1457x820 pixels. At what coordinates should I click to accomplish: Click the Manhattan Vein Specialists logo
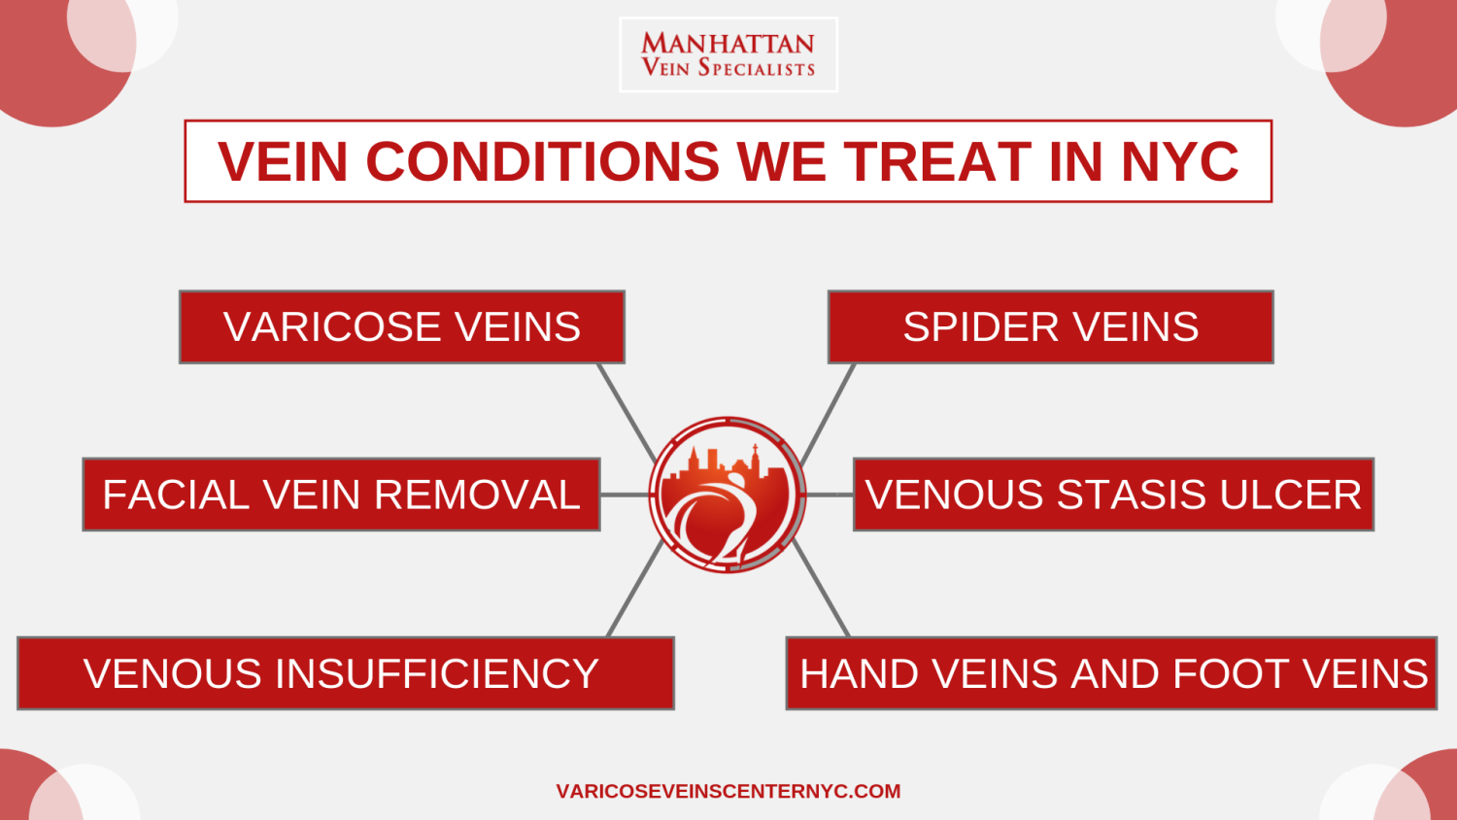pyautogui.click(x=728, y=54)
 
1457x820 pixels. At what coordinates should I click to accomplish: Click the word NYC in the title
pyautogui.click(x=1179, y=161)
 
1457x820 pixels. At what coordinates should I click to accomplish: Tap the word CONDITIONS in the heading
pyautogui.click(x=542, y=161)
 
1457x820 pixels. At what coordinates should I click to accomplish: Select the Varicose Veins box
pyautogui.click(x=402, y=326)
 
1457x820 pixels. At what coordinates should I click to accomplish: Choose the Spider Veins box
pyautogui.click(x=1050, y=326)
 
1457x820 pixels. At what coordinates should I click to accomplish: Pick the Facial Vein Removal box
pyautogui.click(x=342, y=495)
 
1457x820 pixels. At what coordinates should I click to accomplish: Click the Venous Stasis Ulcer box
pyautogui.click(x=1113, y=495)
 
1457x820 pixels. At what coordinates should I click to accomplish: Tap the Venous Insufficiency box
pyautogui.click(x=346, y=673)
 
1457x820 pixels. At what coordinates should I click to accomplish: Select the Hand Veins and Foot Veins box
pyautogui.click(x=1111, y=673)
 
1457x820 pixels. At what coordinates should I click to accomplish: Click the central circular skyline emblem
pyautogui.click(x=728, y=495)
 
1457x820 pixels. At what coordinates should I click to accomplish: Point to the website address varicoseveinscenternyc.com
pyautogui.click(x=728, y=792)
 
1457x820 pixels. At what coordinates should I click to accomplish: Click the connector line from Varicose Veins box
pyautogui.click(x=627, y=413)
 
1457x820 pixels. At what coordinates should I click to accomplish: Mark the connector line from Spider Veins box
pyautogui.click(x=828, y=414)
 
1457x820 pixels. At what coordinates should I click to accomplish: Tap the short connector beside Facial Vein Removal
pyautogui.click(x=625, y=495)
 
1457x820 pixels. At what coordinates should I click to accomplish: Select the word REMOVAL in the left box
pyautogui.click(x=477, y=495)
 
